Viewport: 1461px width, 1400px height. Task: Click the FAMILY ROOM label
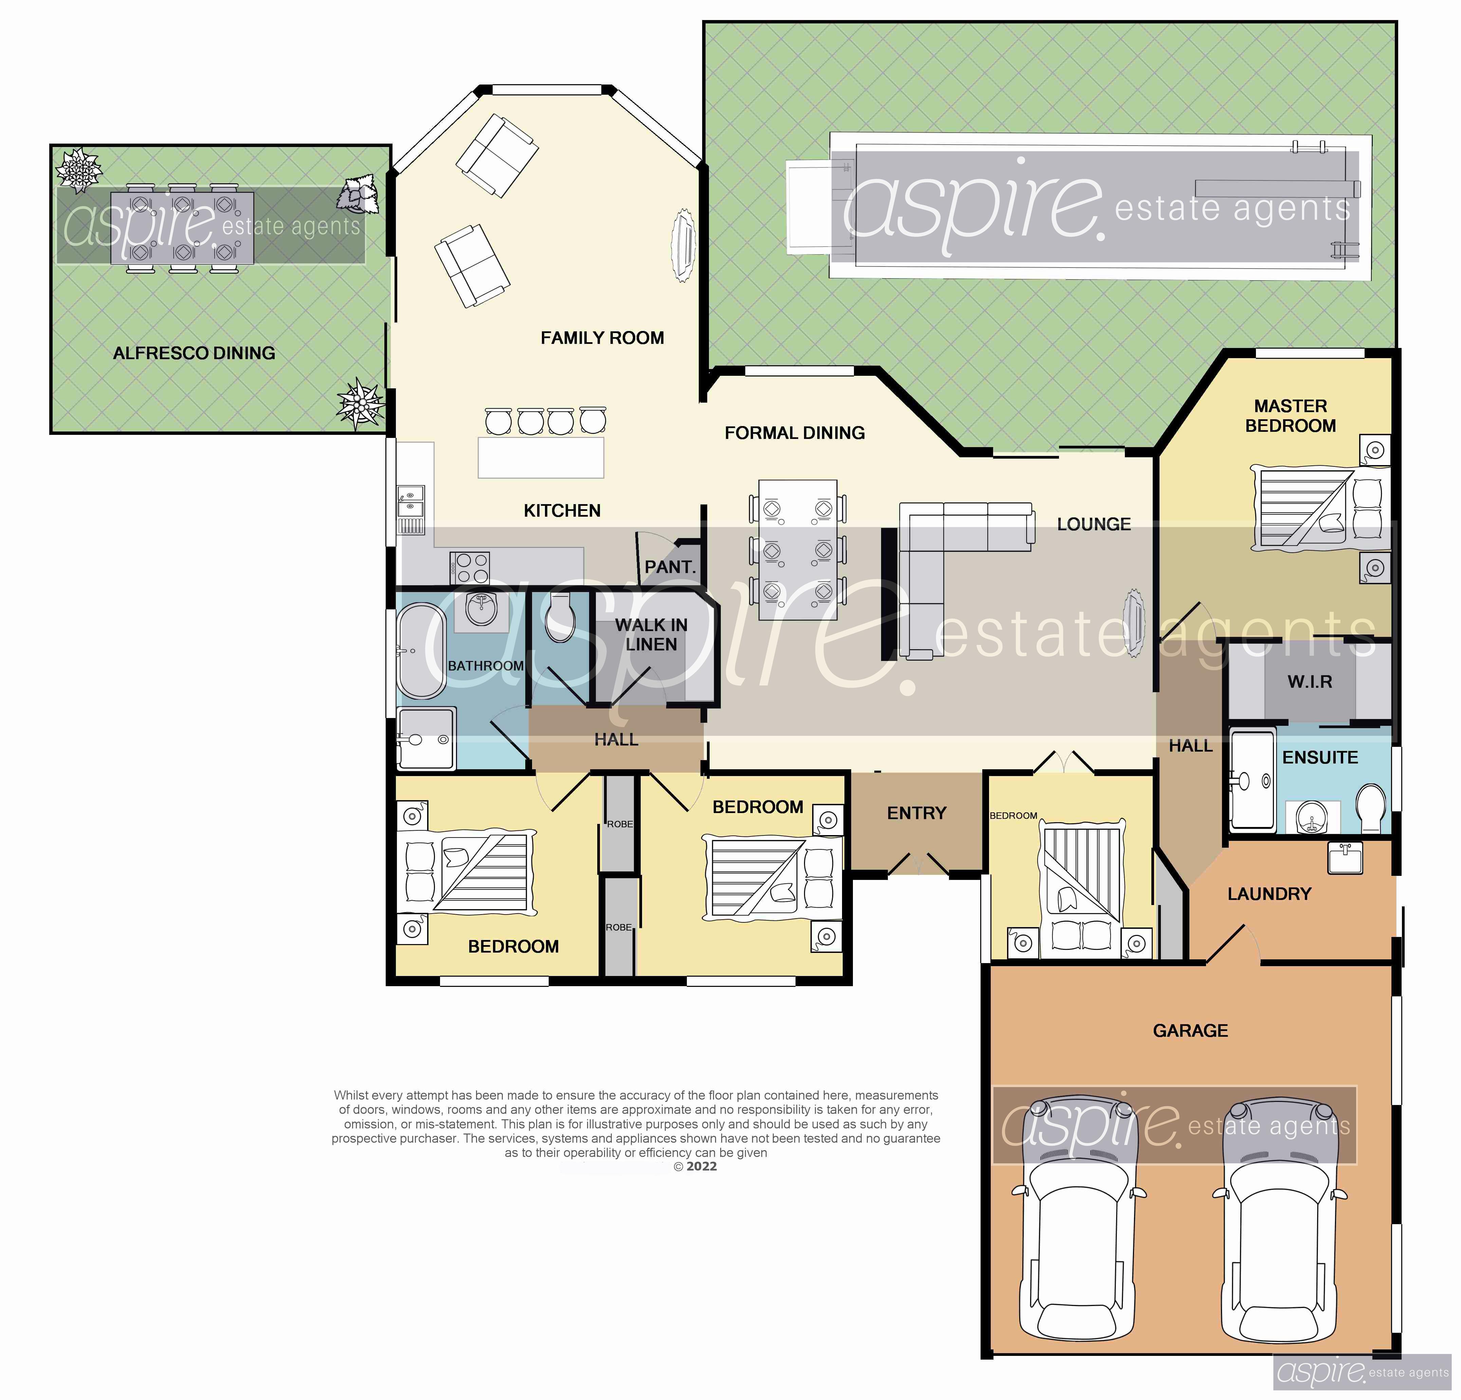coord(602,338)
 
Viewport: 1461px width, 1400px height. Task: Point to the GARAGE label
coord(1190,1030)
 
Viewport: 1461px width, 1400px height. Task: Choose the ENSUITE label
coord(1320,757)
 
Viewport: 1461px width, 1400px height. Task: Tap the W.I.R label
coord(1310,681)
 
